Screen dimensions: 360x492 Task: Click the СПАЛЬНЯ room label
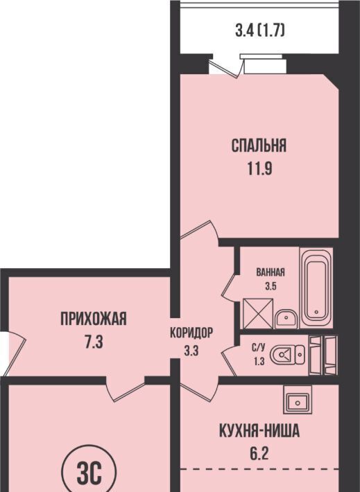point(259,146)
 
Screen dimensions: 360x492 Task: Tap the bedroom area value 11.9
point(259,169)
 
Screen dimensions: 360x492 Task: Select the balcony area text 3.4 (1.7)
point(260,31)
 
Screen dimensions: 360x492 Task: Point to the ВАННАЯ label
point(271,272)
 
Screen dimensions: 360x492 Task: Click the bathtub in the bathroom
point(316,288)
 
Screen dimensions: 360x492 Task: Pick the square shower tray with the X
point(258,313)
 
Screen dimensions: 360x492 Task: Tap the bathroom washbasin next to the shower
point(286,319)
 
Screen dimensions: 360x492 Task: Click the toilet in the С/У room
point(286,355)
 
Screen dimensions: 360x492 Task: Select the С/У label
point(259,347)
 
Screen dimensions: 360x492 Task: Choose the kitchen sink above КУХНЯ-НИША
point(298,399)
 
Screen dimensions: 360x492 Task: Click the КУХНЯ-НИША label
point(259,431)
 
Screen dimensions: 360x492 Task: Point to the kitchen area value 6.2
point(259,453)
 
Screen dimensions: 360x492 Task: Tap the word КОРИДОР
point(191,333)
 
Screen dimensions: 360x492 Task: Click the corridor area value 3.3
point(191,351)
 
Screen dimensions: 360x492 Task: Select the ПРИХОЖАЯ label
point(94,319)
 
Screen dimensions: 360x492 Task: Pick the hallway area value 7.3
point(94,342)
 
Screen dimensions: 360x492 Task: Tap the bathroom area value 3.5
point(271,286)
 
